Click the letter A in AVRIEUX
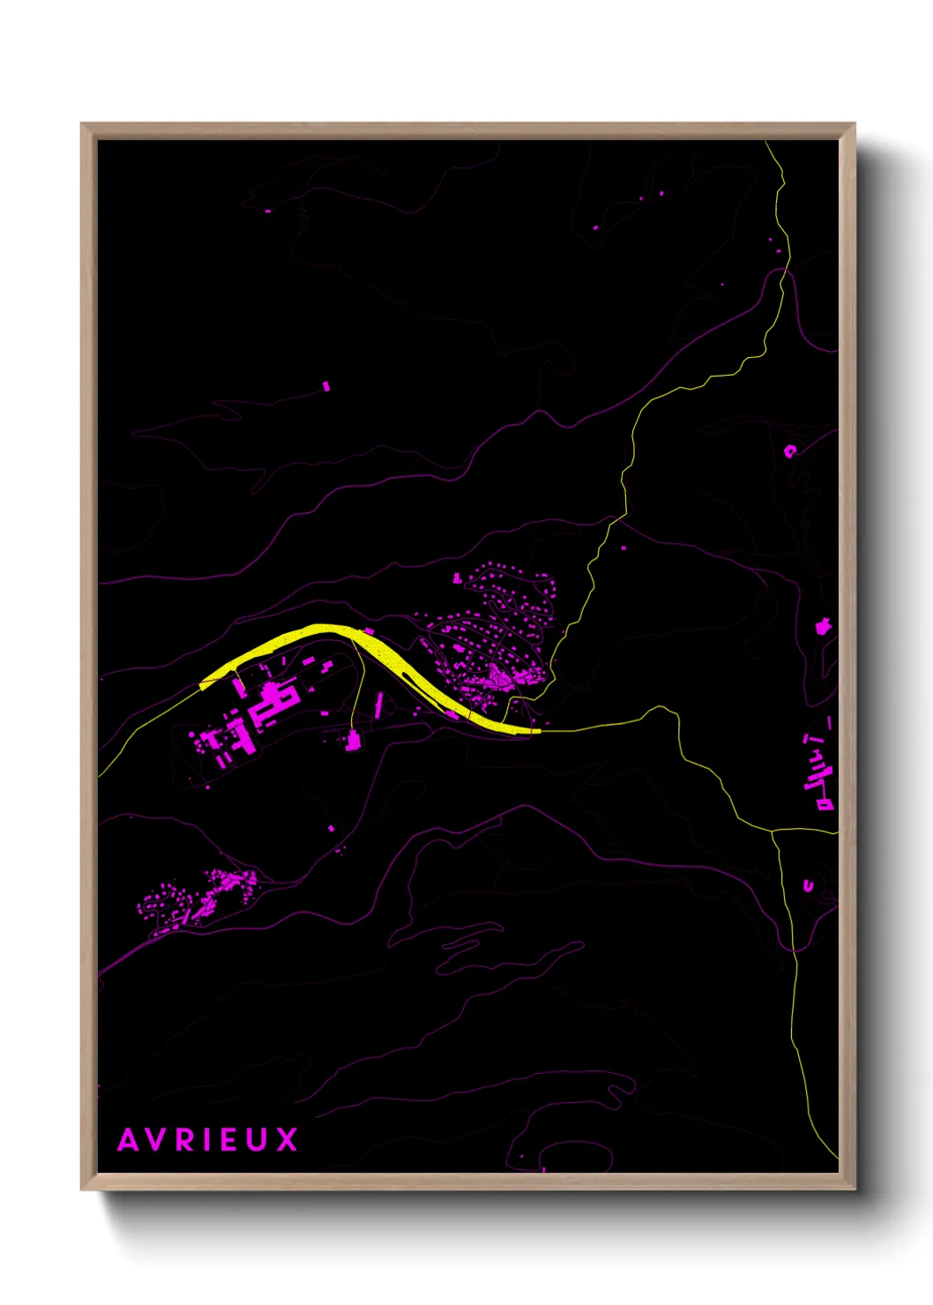[129, 1139]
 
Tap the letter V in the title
[158, 1139]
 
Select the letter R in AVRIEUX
[186, 1139]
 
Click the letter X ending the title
[287, 1139]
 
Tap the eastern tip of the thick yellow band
[539, 730]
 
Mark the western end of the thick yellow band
[202, 684]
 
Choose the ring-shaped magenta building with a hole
[790, 451]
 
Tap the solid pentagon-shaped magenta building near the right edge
[825, 626]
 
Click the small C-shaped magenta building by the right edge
[808, 884]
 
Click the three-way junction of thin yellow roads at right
[773, 831]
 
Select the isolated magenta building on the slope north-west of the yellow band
[326, 386]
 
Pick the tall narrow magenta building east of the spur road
[380, 704]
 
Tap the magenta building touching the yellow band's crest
[369, 630]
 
